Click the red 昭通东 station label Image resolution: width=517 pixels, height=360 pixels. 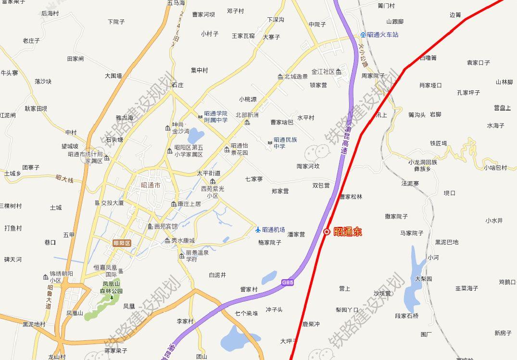[347, 232]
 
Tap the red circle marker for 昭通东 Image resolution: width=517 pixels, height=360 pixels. [327, 232]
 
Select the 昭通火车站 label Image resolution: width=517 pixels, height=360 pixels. [382, 35]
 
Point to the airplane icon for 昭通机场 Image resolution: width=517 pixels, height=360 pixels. [258, 230]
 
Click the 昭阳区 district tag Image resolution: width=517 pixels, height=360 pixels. [122, 243]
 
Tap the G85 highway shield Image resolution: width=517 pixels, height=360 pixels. [288, 283]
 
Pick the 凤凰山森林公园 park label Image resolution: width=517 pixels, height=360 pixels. [112, 287]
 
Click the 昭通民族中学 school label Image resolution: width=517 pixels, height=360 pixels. [285, 143]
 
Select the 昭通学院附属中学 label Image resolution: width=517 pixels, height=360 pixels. [215, 117]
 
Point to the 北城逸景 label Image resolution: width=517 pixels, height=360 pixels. [296, 76]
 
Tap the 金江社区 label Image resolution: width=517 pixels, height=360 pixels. [323, 72]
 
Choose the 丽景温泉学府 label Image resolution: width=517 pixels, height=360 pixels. [197, 256]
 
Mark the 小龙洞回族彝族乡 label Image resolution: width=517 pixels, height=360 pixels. [423, 165]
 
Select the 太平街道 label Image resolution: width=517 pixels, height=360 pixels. [209, 173]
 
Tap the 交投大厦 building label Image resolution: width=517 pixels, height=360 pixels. [112, 203]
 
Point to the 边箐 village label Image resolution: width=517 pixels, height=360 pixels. [455, 15]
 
